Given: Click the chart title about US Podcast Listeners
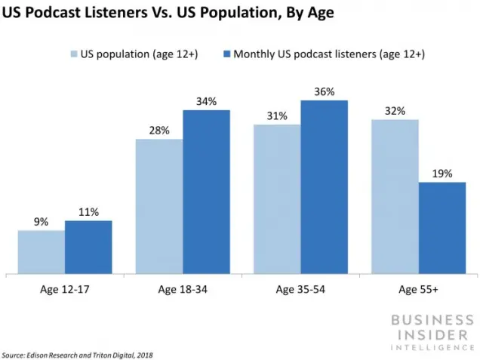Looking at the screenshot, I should tap(168, 13).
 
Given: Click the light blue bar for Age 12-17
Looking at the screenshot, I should tap(42, 252).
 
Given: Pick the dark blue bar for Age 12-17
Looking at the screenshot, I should tap(88, 248).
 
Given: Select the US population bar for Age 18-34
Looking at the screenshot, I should tap(158, 207).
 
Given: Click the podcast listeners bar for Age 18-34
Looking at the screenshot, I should tap(206, 192).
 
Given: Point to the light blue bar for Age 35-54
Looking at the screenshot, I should tap(277, 199).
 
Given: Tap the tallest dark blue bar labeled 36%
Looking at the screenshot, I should tap(324, 187).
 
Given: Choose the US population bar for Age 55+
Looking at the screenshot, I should tap(395, 197).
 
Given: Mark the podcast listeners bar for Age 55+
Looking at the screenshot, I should tap(442, 228).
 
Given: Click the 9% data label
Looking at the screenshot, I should tap(41, 222).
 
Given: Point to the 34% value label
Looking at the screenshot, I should tap(207, 101).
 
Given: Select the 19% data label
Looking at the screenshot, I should tap(442, 174).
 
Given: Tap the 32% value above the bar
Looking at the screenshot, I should tap(395, 111).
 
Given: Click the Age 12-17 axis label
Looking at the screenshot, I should tap(64, 289).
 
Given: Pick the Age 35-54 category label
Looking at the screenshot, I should tap(300, 289).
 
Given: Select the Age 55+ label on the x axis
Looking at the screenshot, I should tap(418, 289).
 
